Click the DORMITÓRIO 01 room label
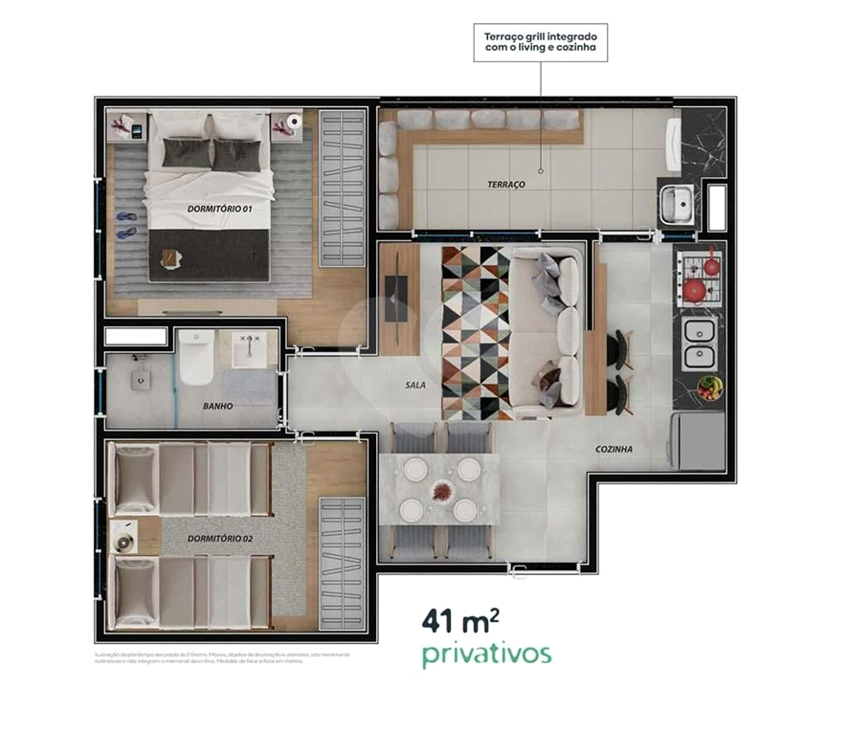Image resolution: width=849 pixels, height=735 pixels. click(220, 208)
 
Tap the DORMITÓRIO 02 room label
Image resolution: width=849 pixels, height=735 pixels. click(221, 538)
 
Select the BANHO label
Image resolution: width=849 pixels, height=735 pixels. click(218, 406)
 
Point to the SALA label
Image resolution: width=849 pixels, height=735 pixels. click(414, 387)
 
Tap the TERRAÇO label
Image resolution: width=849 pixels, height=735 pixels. click(506, 184)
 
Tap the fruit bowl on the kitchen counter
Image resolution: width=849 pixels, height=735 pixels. click(708, 387)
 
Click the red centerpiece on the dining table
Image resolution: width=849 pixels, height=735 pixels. click(441, 490)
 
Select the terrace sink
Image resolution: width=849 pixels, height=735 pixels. click(678, 203)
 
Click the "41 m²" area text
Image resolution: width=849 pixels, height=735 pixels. click(460, 620)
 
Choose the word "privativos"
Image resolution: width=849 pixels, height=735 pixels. click(486, 655)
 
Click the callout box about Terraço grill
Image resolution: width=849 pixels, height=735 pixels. click(541, 43)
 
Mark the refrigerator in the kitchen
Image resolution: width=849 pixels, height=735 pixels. click(698, 441)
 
